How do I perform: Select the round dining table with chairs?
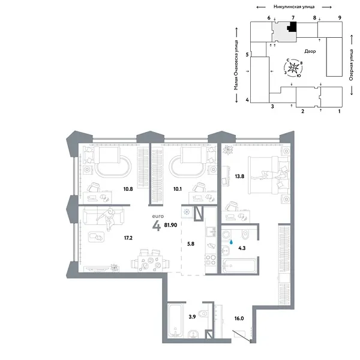[x=146, y=262]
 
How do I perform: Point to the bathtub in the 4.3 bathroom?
[x=238, y=265]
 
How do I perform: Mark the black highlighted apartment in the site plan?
[x=292, y=27]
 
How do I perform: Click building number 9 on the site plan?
[x=339, y=19]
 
